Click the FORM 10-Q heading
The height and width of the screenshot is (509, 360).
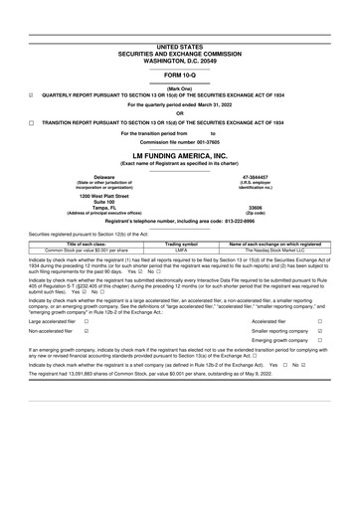pyautogui.click(x=180, y=75)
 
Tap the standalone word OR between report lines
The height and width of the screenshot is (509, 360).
pyautogui.click(x=180, y=112)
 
